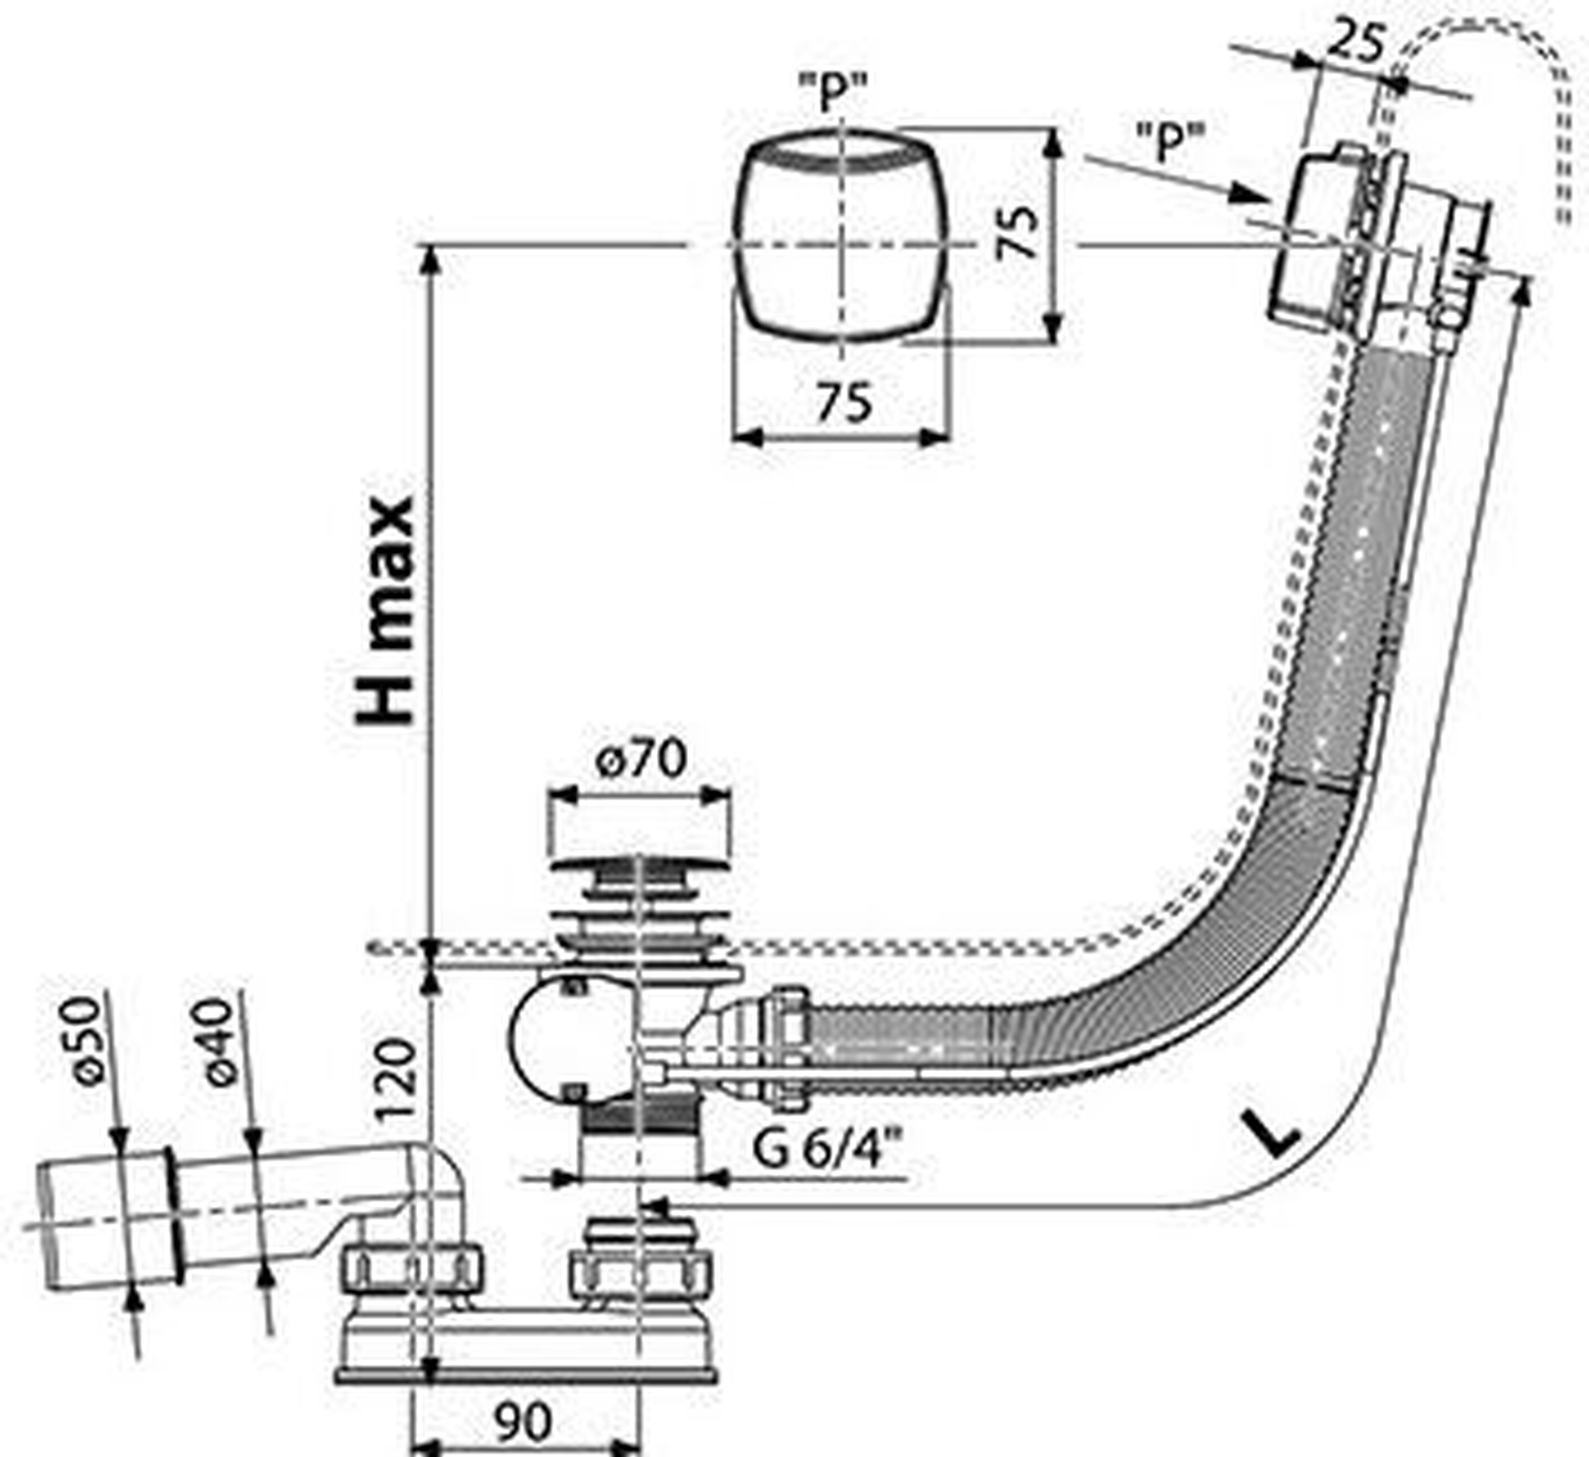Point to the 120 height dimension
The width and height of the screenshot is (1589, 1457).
tap(395, 1080)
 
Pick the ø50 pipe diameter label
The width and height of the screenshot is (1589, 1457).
tap(82, 1040)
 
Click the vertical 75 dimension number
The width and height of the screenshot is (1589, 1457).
tap(1017, 232)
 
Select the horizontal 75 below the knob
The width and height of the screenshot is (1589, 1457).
tap(844, 403)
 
